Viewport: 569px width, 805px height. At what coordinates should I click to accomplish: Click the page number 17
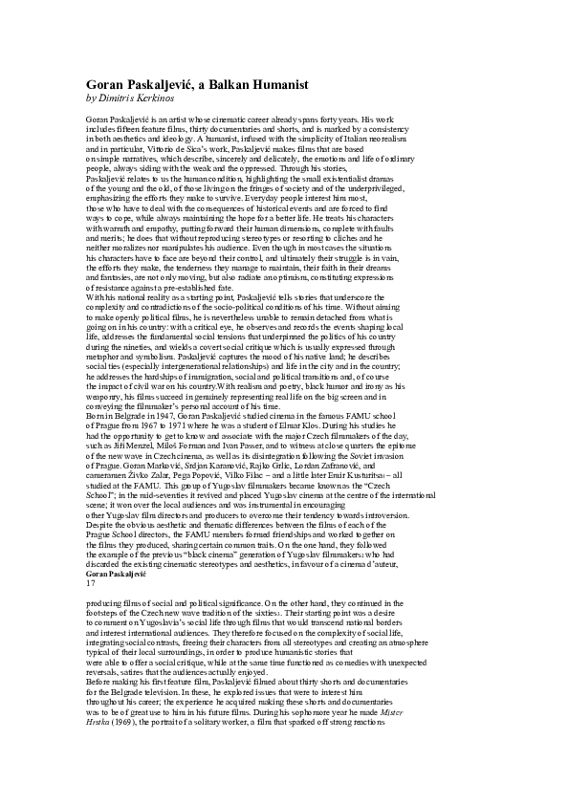click(x=91, y=582)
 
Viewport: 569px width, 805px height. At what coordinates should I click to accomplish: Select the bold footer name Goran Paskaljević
click(x=117, y=572)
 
